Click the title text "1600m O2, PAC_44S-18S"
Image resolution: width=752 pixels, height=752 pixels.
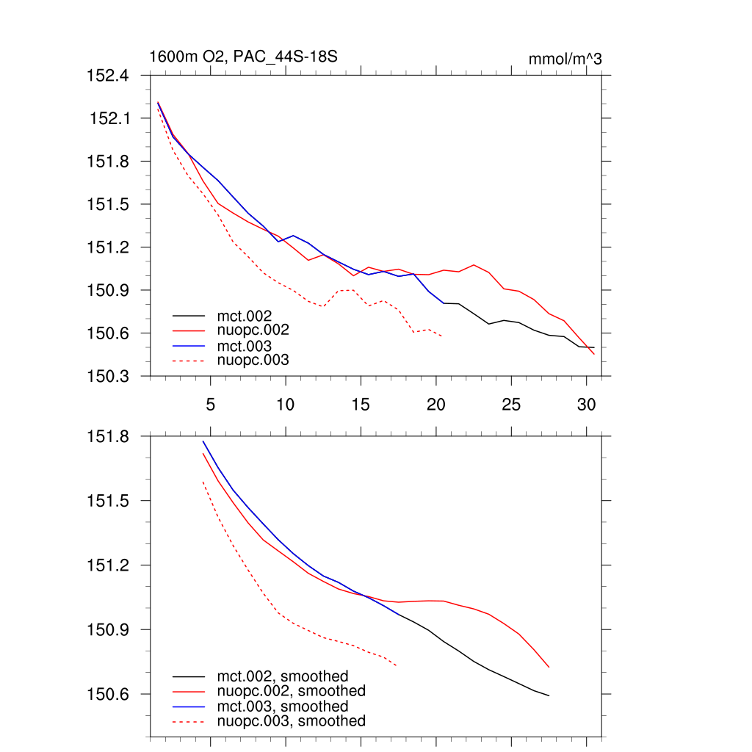243,57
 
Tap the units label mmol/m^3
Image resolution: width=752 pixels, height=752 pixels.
565,59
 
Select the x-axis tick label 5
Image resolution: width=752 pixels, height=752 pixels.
210,404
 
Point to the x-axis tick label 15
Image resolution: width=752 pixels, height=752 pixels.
361,404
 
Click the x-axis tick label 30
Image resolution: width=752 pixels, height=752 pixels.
586,404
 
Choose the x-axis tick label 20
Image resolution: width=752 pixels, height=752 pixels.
436,404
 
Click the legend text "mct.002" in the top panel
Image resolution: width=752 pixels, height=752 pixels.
250,316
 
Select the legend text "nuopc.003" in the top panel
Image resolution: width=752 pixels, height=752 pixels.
253,360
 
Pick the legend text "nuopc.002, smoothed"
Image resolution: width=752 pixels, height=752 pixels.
291,691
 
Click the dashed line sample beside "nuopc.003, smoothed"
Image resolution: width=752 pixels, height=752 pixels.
188,722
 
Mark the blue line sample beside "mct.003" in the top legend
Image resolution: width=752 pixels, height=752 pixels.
188,346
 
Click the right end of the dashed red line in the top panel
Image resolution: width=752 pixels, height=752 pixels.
441,336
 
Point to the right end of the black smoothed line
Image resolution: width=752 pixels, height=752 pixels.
549,695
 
